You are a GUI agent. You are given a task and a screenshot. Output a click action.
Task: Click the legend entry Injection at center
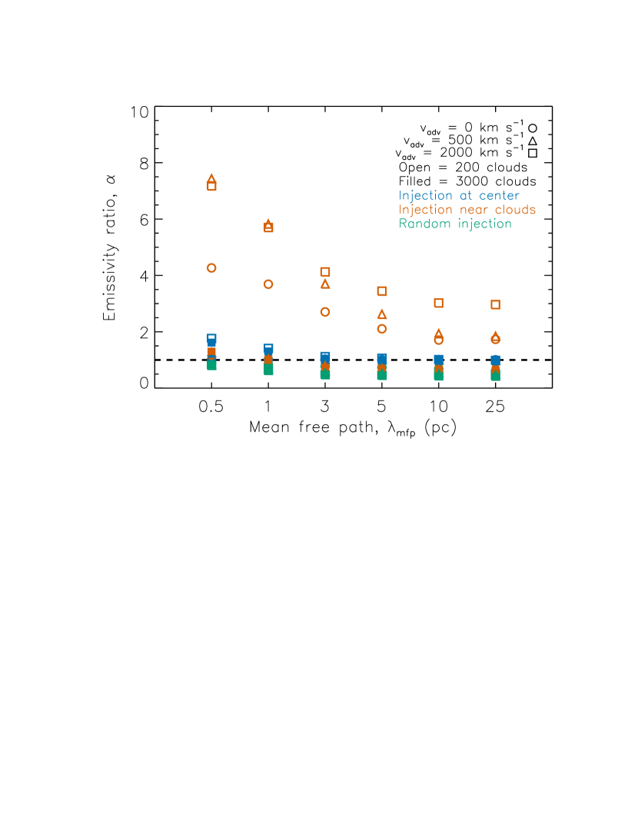click(x=459, y=196)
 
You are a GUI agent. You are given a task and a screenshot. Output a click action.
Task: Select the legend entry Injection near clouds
click(x=467, y=210)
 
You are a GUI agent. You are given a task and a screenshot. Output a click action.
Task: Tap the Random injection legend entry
click(x=455, y=224)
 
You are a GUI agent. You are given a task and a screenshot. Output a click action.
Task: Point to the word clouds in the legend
click(x=516, y=210)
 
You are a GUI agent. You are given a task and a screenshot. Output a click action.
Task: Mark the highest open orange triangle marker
click(x=211, y=177)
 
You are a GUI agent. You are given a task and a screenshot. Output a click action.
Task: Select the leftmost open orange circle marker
click(x=211, y=268)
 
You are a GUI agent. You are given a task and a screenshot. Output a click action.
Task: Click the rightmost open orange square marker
click(x=495, y=304)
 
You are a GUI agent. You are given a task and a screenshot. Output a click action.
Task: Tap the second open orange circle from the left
click(x=268, y=284)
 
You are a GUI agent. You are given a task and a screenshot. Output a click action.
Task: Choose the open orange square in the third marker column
click(x=325, y=272)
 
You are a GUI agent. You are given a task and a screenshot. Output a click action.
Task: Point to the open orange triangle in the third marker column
click(x=325, y=284)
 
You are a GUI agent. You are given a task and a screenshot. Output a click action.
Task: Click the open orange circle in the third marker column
click(x=325, y=312)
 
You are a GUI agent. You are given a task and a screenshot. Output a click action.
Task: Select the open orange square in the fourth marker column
click(x=381, y=291)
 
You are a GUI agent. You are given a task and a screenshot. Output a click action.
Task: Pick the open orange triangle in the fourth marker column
click(x=381, y=314)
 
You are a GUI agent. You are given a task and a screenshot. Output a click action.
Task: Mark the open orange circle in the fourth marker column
click(x=381, y=329)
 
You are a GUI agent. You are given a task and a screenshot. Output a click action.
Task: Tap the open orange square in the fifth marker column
click(x=438, y=303)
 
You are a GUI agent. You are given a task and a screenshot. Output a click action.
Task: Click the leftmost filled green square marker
click(x=211, y=365)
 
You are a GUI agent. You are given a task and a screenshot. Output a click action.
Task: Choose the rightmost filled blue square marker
click(x=495, y=360)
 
